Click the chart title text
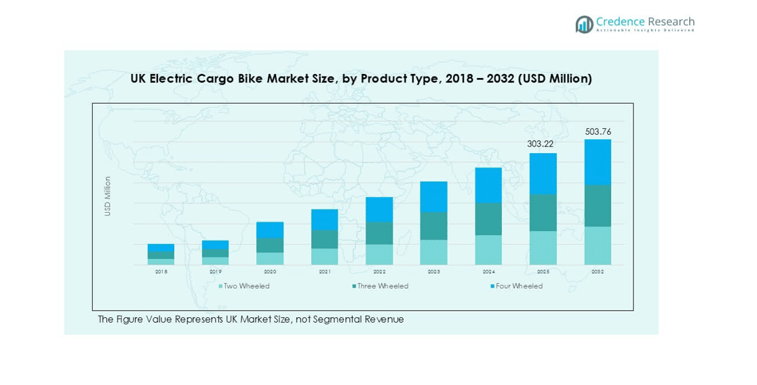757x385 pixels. [361, 79]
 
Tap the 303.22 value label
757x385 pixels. [541, 144]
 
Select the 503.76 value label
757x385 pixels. [598, 131]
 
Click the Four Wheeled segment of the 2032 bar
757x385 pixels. [598, 162]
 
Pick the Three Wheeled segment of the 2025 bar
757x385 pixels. [543, 212]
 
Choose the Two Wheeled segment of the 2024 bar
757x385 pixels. [488, 249]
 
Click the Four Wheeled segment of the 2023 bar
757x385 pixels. [433, 197]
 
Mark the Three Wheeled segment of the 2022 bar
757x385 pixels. [379, 232]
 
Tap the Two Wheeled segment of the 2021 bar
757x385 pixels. [324, 256]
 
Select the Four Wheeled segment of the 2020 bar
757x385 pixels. [270, 229]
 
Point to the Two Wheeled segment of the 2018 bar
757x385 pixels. [161, 262]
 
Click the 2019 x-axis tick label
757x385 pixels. [215, 272]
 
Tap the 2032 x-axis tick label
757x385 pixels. [598, 272]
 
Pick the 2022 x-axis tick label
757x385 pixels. [379, 272]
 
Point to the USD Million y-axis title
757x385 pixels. [107, 197]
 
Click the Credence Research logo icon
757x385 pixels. [584, 24]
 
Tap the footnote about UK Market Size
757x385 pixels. [250, 319]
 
